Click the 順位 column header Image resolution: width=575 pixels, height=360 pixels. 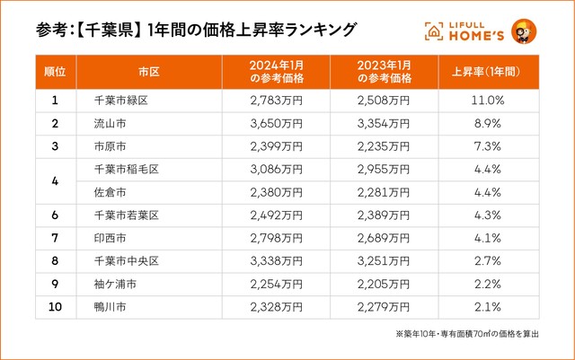click(55, 70)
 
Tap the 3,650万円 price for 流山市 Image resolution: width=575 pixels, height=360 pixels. click(276, 123)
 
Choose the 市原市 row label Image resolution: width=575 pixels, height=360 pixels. click(110, 145)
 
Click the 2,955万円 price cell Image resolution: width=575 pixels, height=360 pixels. click(384, 168)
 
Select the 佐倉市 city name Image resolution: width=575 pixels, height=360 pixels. click(110, 190)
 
